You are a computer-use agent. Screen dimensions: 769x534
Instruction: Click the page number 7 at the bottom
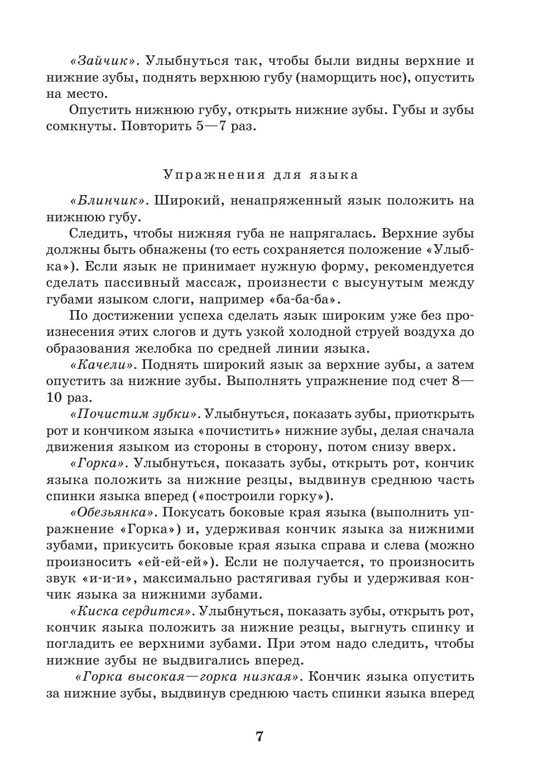[x=258, y=736]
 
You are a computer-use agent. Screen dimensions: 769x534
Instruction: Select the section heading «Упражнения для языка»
[x=261, y=175]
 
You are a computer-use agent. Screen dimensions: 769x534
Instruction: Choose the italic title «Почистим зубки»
[x=134, y=414]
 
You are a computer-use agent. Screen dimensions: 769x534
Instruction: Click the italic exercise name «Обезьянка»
[x=112, y=512]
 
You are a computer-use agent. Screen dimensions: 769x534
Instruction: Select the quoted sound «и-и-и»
[x=107, y=578]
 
